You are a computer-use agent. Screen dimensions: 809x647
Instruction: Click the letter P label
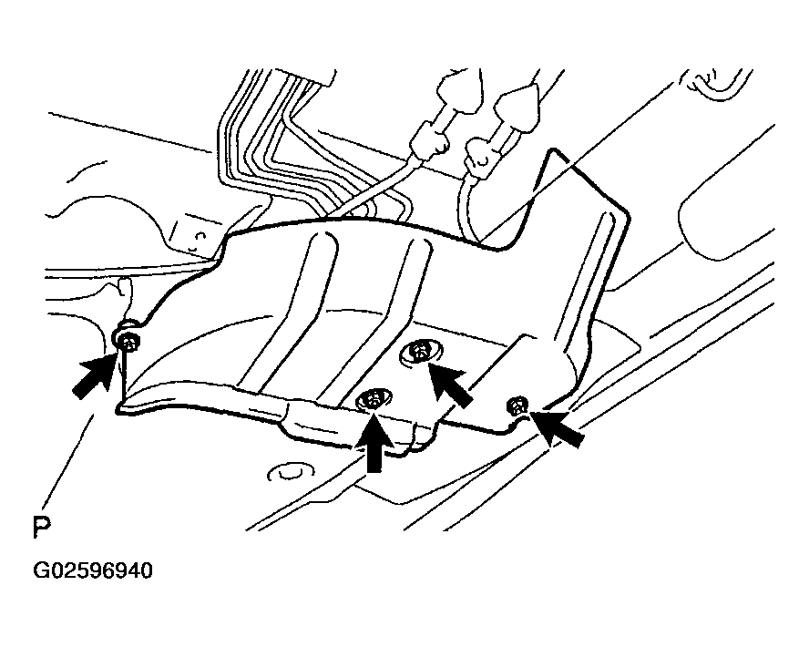[42, 528]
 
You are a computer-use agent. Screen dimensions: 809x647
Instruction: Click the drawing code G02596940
[93, 570]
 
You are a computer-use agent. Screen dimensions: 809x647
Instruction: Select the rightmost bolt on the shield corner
[517, 405]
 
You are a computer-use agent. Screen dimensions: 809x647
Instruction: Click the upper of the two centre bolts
[421, 353]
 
